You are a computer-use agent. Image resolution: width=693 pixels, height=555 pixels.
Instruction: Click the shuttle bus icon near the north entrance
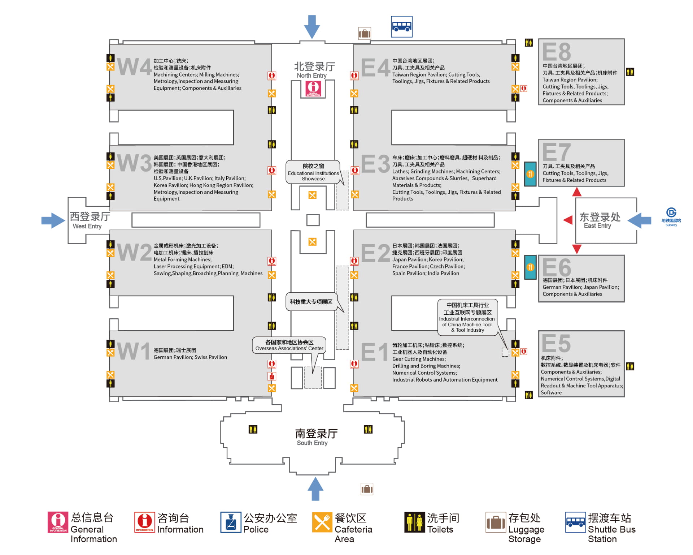(x=401, y=26)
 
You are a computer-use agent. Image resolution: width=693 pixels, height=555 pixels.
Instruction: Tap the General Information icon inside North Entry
(x=313, y=89)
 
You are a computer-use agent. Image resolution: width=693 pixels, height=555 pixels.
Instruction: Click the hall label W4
(x=134, y=67)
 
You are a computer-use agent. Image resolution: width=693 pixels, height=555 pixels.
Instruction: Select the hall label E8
(x=556, y=52)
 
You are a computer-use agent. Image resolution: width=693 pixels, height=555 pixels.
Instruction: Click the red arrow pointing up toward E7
(x=577, y=192)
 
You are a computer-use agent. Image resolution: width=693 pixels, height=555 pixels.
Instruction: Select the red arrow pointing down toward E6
(x=577, y=249)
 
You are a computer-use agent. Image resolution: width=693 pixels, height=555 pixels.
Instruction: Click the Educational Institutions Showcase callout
(x=313, y=172)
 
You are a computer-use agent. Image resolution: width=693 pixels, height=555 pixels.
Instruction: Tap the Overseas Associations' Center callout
(x=289, y=345)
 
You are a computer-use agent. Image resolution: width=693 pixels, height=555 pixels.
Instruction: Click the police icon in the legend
(x=231, y=522)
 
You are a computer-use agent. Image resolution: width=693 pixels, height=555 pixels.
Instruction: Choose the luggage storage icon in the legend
(x=496, y=522)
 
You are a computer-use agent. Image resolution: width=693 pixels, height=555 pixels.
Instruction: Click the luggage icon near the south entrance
(x=367, y=489)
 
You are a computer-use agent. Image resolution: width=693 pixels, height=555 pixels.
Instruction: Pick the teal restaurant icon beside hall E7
(x=530, y=174)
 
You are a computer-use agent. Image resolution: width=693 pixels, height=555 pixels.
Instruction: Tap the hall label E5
(x=556, y=343)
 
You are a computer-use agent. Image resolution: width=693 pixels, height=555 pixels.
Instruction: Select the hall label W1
(x=133, y=351)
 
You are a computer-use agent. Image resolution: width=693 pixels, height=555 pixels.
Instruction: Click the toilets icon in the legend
(x=414, y=522)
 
